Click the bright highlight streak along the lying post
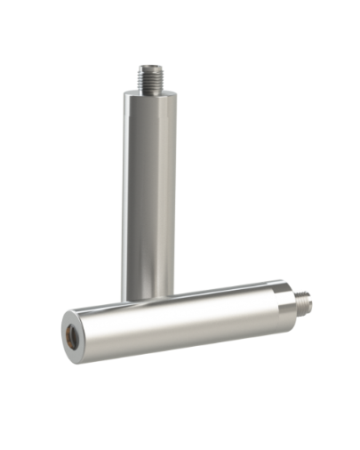click(178, 307)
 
